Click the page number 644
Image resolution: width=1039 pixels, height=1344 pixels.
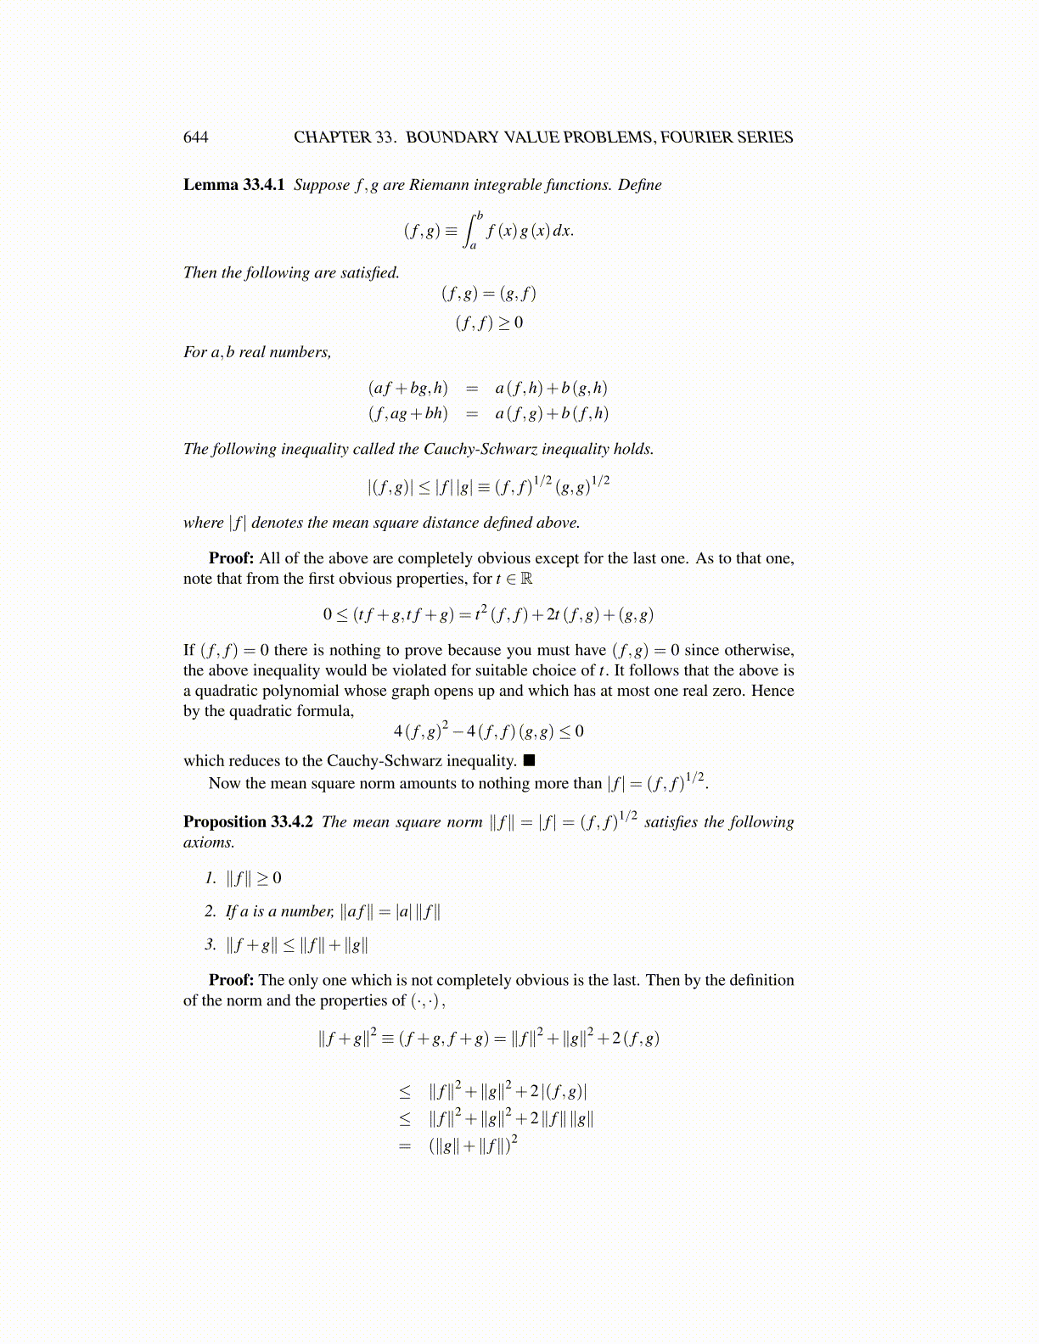click(195, 137)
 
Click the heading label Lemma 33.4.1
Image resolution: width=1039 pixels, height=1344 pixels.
click(233, 185)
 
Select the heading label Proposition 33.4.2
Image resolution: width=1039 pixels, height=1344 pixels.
click(248, 821)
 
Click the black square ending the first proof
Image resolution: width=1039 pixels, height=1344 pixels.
click(529, 760)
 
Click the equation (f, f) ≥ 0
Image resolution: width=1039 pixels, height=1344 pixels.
click(489, 322)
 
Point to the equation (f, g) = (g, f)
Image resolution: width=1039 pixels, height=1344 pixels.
click(489, 294)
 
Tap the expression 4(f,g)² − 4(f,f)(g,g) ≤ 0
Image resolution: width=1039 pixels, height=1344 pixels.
click(489, 731)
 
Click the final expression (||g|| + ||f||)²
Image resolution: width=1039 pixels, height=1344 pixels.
click(474, 1146)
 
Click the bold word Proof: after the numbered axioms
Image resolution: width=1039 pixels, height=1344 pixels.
click(231, 980)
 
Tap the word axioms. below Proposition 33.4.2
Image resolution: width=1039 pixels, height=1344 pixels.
click(209, 843)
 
